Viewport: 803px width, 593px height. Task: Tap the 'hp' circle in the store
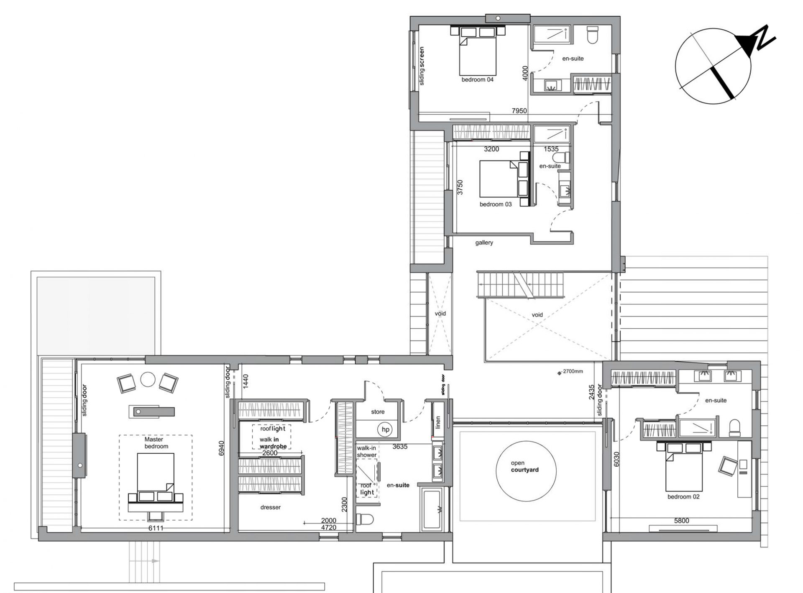tap(385, 429)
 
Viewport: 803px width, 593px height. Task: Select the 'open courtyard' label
tap(524, 466)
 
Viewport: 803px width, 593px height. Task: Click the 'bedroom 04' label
tap(477, 79)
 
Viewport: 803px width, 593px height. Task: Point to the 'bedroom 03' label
tap(496, 204)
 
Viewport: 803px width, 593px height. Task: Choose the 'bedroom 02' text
tap(683, 497)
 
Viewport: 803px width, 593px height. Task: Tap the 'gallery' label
tap(484, 243)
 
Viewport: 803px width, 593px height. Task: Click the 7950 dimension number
tap(519, 111)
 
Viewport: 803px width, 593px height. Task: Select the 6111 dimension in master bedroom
tap(156, 528)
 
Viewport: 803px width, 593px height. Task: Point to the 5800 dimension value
tap(681, 521)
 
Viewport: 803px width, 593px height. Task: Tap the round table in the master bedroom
tap(148, 380)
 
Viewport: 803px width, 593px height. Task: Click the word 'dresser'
tap(270, 507)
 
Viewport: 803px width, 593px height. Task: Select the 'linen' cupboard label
tap(438, 422)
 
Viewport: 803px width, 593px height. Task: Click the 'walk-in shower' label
tap(366, 451)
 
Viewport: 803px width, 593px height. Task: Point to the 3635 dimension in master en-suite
tap(400, 447)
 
